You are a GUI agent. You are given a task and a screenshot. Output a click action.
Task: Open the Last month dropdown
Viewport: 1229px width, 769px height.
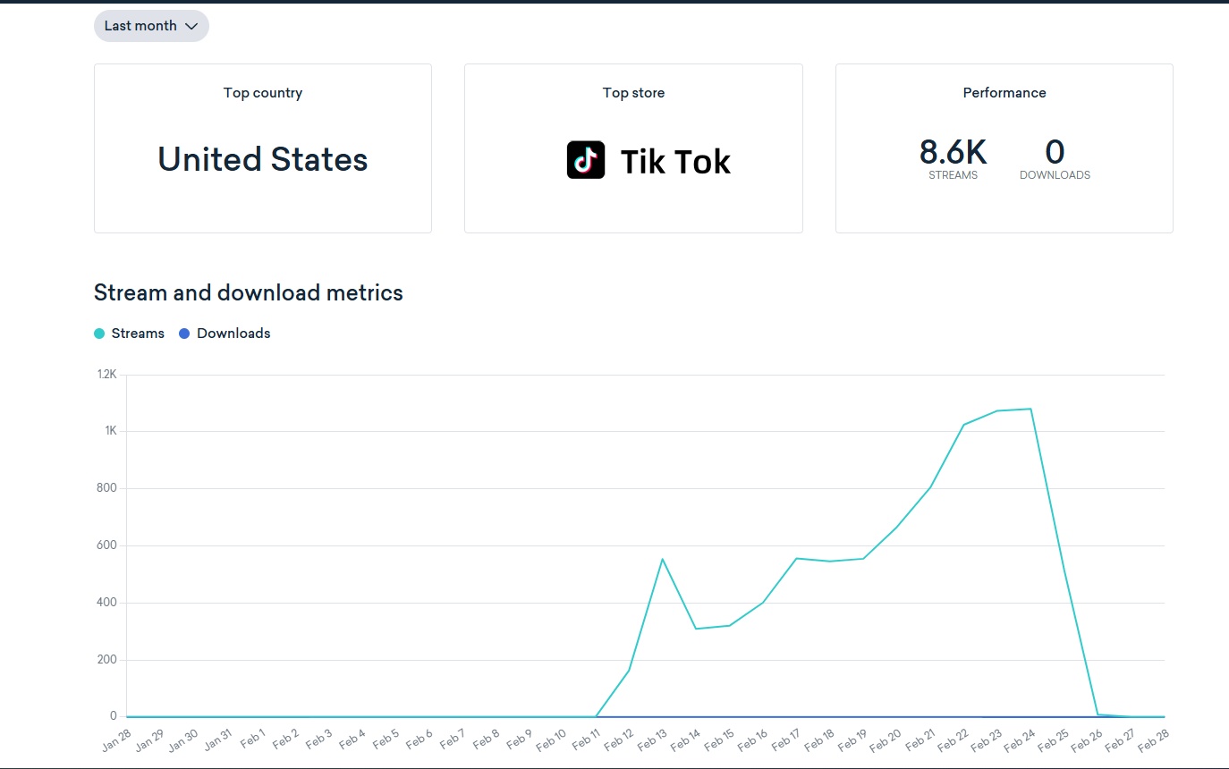151,26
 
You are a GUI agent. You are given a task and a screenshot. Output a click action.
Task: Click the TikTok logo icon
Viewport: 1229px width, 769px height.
586,160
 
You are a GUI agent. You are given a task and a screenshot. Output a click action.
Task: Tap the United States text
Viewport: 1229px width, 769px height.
263,160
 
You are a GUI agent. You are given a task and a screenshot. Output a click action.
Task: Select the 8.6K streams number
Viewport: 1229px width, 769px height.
953,153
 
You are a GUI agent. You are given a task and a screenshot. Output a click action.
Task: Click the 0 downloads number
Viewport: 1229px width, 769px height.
1055,153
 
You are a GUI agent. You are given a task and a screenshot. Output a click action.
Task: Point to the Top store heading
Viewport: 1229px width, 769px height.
633,93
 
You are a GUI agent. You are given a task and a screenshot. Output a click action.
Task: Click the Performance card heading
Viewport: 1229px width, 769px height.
1004,93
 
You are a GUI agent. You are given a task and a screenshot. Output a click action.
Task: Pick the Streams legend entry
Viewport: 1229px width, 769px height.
130,334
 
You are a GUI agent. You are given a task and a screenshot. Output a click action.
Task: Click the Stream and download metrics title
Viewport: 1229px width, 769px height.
249,292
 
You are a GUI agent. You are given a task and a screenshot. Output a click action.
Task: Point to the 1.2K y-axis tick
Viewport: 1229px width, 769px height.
106,375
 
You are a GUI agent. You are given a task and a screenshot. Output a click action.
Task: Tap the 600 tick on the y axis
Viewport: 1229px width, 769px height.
107,545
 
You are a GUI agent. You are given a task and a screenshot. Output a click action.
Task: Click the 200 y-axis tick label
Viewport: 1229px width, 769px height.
107,660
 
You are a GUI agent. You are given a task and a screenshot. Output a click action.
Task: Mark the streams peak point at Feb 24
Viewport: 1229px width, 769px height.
1032,409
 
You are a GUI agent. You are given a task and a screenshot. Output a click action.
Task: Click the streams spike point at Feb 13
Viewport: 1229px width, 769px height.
663,559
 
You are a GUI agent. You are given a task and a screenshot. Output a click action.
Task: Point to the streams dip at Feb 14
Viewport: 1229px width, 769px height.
696,629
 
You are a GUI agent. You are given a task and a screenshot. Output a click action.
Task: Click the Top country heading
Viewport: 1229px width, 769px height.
263,93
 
